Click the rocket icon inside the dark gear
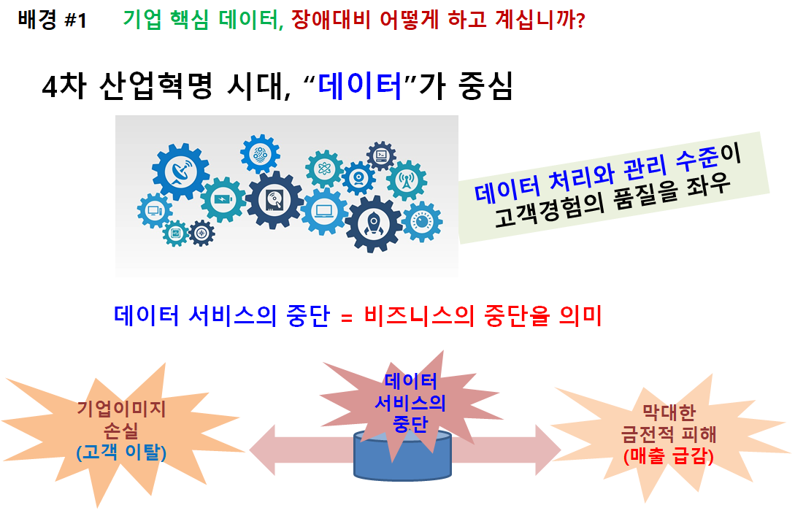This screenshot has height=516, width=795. coord(373,223)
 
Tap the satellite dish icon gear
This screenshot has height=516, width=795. coord(180,172)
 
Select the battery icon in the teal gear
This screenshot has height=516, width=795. coord(223,199)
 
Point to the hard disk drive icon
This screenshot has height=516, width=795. coord(274,200)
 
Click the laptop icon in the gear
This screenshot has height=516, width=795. coord(323,210)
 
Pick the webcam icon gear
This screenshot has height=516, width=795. coord(358,178)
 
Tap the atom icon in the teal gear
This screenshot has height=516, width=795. coord(324,168)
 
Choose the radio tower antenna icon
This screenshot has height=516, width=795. coord(406,180)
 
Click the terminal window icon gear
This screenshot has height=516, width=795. coord(381,155)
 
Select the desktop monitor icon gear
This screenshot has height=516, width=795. coord(154,210)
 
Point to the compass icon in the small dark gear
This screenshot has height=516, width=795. coord(201,233)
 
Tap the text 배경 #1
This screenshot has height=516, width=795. coord(53,20)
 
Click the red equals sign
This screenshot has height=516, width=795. coord(347,318)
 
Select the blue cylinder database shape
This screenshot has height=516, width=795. coord(402,455)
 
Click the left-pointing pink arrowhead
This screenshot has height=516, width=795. coord(262,450)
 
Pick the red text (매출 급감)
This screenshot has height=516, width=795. coord(668,456)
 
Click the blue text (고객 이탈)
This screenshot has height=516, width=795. coord(121,452)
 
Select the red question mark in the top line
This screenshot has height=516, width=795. coord(580,20)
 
